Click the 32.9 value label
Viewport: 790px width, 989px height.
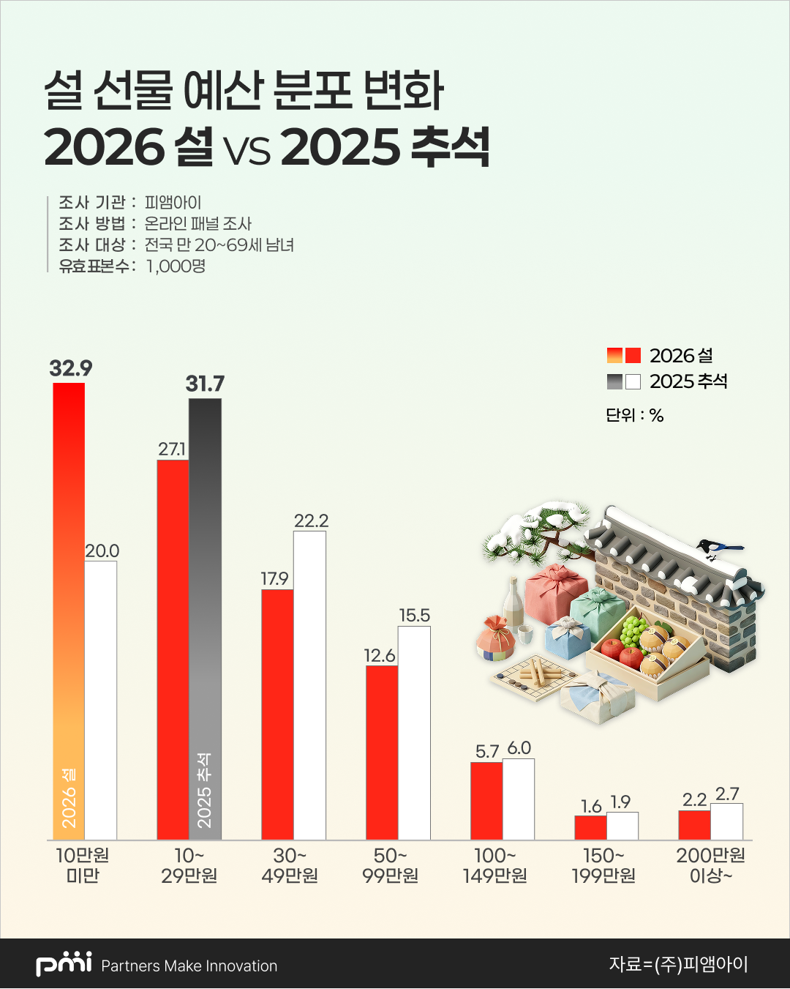(71, 368)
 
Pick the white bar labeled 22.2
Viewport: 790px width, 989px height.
(309, 685)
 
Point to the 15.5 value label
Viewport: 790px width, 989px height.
(414, 616)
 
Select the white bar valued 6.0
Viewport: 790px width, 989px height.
(519, 799)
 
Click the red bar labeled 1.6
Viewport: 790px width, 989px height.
(590, 827)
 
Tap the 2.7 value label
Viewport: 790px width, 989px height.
(727, 794)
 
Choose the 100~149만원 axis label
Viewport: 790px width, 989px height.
(495, 865)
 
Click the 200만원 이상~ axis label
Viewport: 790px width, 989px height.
(710, 865)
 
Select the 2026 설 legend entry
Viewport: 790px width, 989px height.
(661, 356)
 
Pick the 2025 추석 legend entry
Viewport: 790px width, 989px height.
(667, 381)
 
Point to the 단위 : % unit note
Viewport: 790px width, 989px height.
(634, 416)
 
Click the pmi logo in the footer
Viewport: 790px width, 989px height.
(64, 964)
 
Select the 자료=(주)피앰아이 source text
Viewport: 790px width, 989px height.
(678, 964)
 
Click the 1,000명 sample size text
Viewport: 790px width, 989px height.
(176, 266)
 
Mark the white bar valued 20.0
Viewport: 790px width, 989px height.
(101, 700)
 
